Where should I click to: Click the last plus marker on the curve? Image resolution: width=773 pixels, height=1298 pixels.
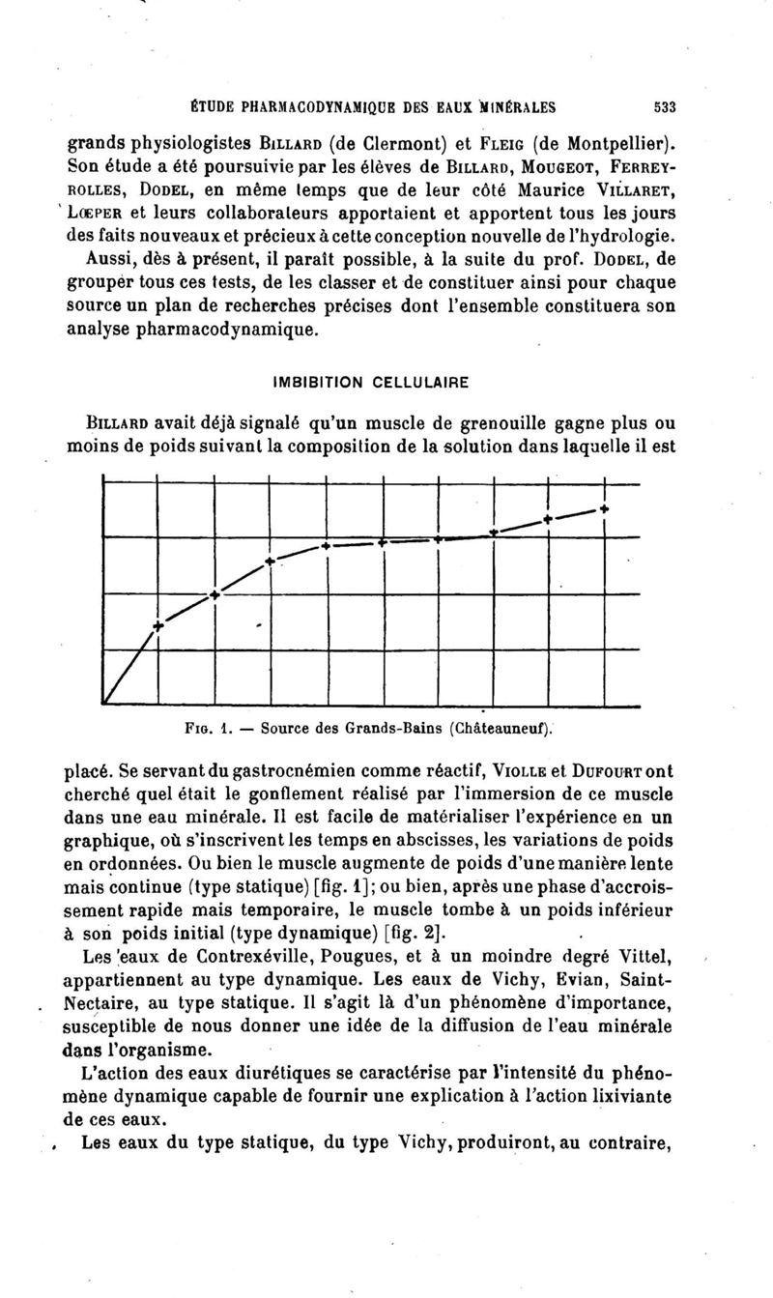coord(604,508)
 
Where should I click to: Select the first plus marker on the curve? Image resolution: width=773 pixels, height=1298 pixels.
coord(158,626)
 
